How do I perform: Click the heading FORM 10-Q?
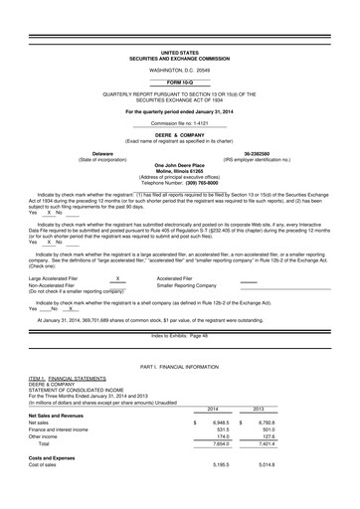[x=180, y=82]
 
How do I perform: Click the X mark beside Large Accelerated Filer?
[x=117, y=279]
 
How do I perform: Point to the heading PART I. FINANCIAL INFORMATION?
[x=180, y=367]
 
